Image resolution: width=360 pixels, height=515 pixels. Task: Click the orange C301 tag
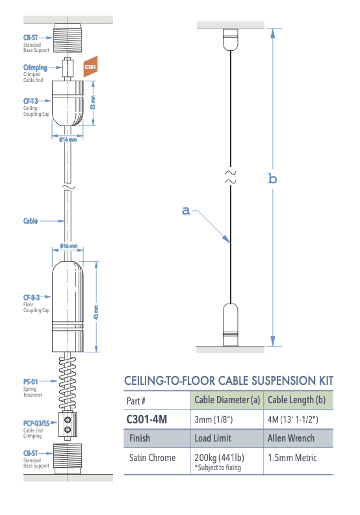click(90, 66)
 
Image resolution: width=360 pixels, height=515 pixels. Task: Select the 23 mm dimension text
click(94, 103)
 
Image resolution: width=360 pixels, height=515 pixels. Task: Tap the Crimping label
click(34, 68)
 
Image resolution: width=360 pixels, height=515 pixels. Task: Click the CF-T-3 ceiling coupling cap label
click(31, 101)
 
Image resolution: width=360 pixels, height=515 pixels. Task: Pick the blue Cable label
click(31, 221)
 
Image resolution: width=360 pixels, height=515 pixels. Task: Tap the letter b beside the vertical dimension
click(272, 178)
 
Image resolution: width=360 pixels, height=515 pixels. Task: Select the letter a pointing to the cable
click(186, 210)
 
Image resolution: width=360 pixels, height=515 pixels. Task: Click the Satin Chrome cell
click(152, 458)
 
